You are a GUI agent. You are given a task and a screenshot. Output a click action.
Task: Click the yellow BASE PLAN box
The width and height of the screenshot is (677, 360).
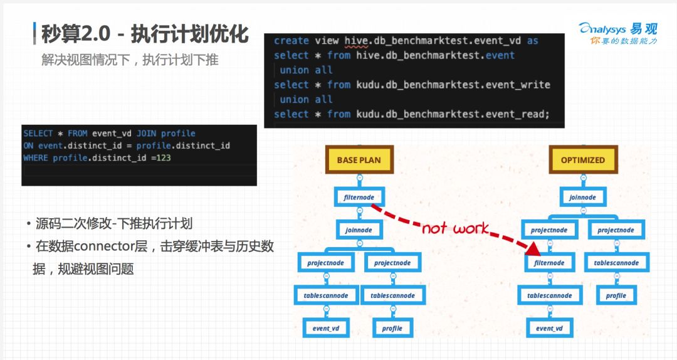[x=359, y=160]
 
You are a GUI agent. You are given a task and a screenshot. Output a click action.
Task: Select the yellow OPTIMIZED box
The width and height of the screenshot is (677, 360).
[x=582, y=160]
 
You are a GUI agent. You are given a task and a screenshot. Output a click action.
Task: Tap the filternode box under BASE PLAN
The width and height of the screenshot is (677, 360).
[x=359, y=198]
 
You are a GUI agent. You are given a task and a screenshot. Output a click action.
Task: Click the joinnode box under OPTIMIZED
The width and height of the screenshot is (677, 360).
[x=582, y=198]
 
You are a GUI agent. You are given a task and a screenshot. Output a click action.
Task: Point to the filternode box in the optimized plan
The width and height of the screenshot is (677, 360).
[x=549, y=263]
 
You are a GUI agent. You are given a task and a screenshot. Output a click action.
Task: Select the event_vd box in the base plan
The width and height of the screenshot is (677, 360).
[x=326, y=328]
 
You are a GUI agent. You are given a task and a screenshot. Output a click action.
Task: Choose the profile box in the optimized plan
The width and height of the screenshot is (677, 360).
[x=616, y=295]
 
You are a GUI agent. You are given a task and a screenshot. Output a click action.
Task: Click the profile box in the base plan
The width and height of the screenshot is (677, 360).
[x=392, y=328]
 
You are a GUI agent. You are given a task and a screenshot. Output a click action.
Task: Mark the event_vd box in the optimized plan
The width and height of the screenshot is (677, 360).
[x=549, y=328]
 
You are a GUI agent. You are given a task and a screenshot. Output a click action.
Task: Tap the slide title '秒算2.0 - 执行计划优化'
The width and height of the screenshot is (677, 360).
[x=145, y=34]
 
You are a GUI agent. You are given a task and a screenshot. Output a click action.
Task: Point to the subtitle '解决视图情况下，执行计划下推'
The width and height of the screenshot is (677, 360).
[x=130, y=61]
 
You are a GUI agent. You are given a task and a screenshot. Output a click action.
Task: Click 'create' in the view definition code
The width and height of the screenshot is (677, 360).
[x=291, y=41]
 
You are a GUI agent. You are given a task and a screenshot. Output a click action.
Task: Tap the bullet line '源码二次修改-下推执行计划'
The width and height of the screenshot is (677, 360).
[x=113, y=223]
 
